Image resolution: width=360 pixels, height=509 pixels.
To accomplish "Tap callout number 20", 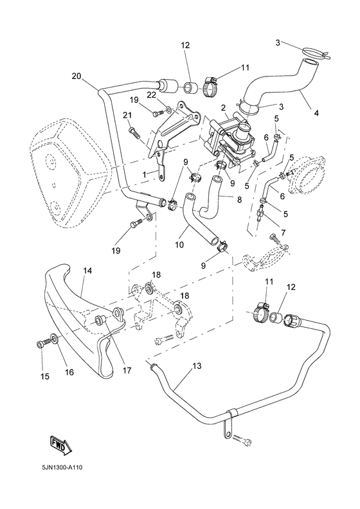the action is tap(76, 76).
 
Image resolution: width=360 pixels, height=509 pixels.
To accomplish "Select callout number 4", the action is tap(316, 113).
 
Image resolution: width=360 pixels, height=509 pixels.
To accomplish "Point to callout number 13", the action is tap(197, 366).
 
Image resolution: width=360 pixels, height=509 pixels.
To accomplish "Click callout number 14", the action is tap(87, 271).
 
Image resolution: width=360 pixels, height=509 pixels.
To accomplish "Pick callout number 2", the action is tap(223, 107).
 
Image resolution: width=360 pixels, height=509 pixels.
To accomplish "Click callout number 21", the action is tap(127, 115).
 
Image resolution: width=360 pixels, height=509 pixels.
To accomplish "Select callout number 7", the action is tap(283, 233).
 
